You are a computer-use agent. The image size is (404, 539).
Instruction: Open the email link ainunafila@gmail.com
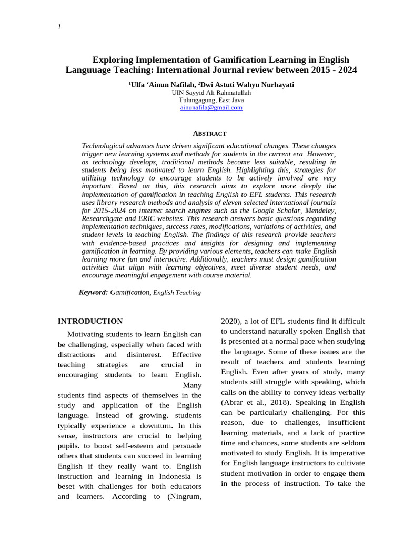211,107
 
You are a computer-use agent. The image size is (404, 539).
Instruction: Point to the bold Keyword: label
93,292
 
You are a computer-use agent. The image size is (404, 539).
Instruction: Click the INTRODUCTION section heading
90,321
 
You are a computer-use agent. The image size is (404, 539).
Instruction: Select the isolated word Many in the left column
191,385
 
